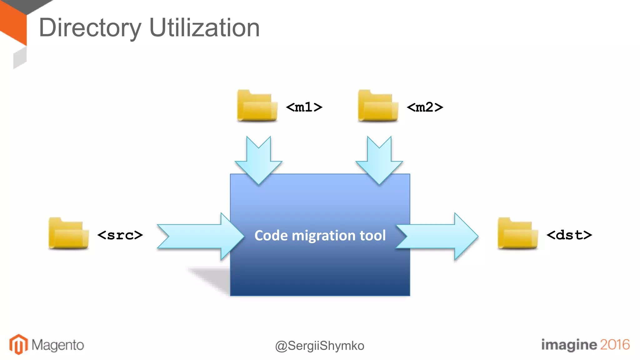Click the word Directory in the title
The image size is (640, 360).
90,28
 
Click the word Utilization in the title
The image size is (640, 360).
204,28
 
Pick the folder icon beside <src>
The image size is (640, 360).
68,233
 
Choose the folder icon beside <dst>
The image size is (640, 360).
517,233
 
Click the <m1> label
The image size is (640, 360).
304,107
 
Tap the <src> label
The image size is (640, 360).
120,235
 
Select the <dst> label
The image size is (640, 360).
569,235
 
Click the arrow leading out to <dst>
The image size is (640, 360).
437,237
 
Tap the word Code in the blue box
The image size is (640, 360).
271,236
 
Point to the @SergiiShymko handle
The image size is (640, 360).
320,346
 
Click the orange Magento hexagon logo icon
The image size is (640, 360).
18,344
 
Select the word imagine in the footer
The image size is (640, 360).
568,345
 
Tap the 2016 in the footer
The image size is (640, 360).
615,344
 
